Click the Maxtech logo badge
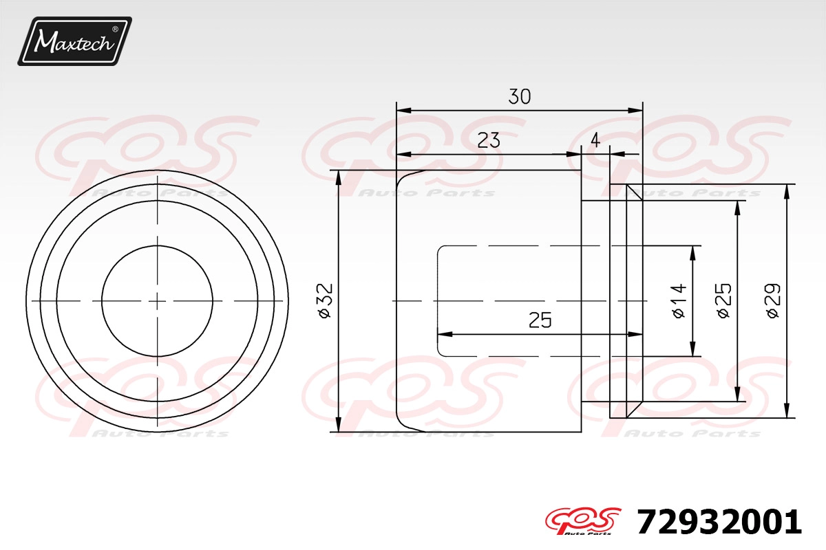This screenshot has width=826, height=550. pyautogui.click(x=74, y=41)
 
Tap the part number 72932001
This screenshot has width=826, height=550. pyautogui.click(x=719, y=522)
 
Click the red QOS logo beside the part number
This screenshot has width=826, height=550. pyautogui.click(x=583, y=521)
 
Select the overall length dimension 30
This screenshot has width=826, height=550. pyautogui.click(x=519, y=96)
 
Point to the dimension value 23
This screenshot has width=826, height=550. pyautogui.click(x=489, y=140)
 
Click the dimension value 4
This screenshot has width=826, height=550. pyautogui.click(x=595, y=140)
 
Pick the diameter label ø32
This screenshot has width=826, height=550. pyautogui.click(x=324, y=300)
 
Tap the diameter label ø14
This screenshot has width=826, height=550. pyautogui.click(x=679, y=300)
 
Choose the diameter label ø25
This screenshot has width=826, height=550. pyautogui.click(x=723, y=300)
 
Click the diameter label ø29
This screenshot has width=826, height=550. pyautogui.click(x=773, y=300)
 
